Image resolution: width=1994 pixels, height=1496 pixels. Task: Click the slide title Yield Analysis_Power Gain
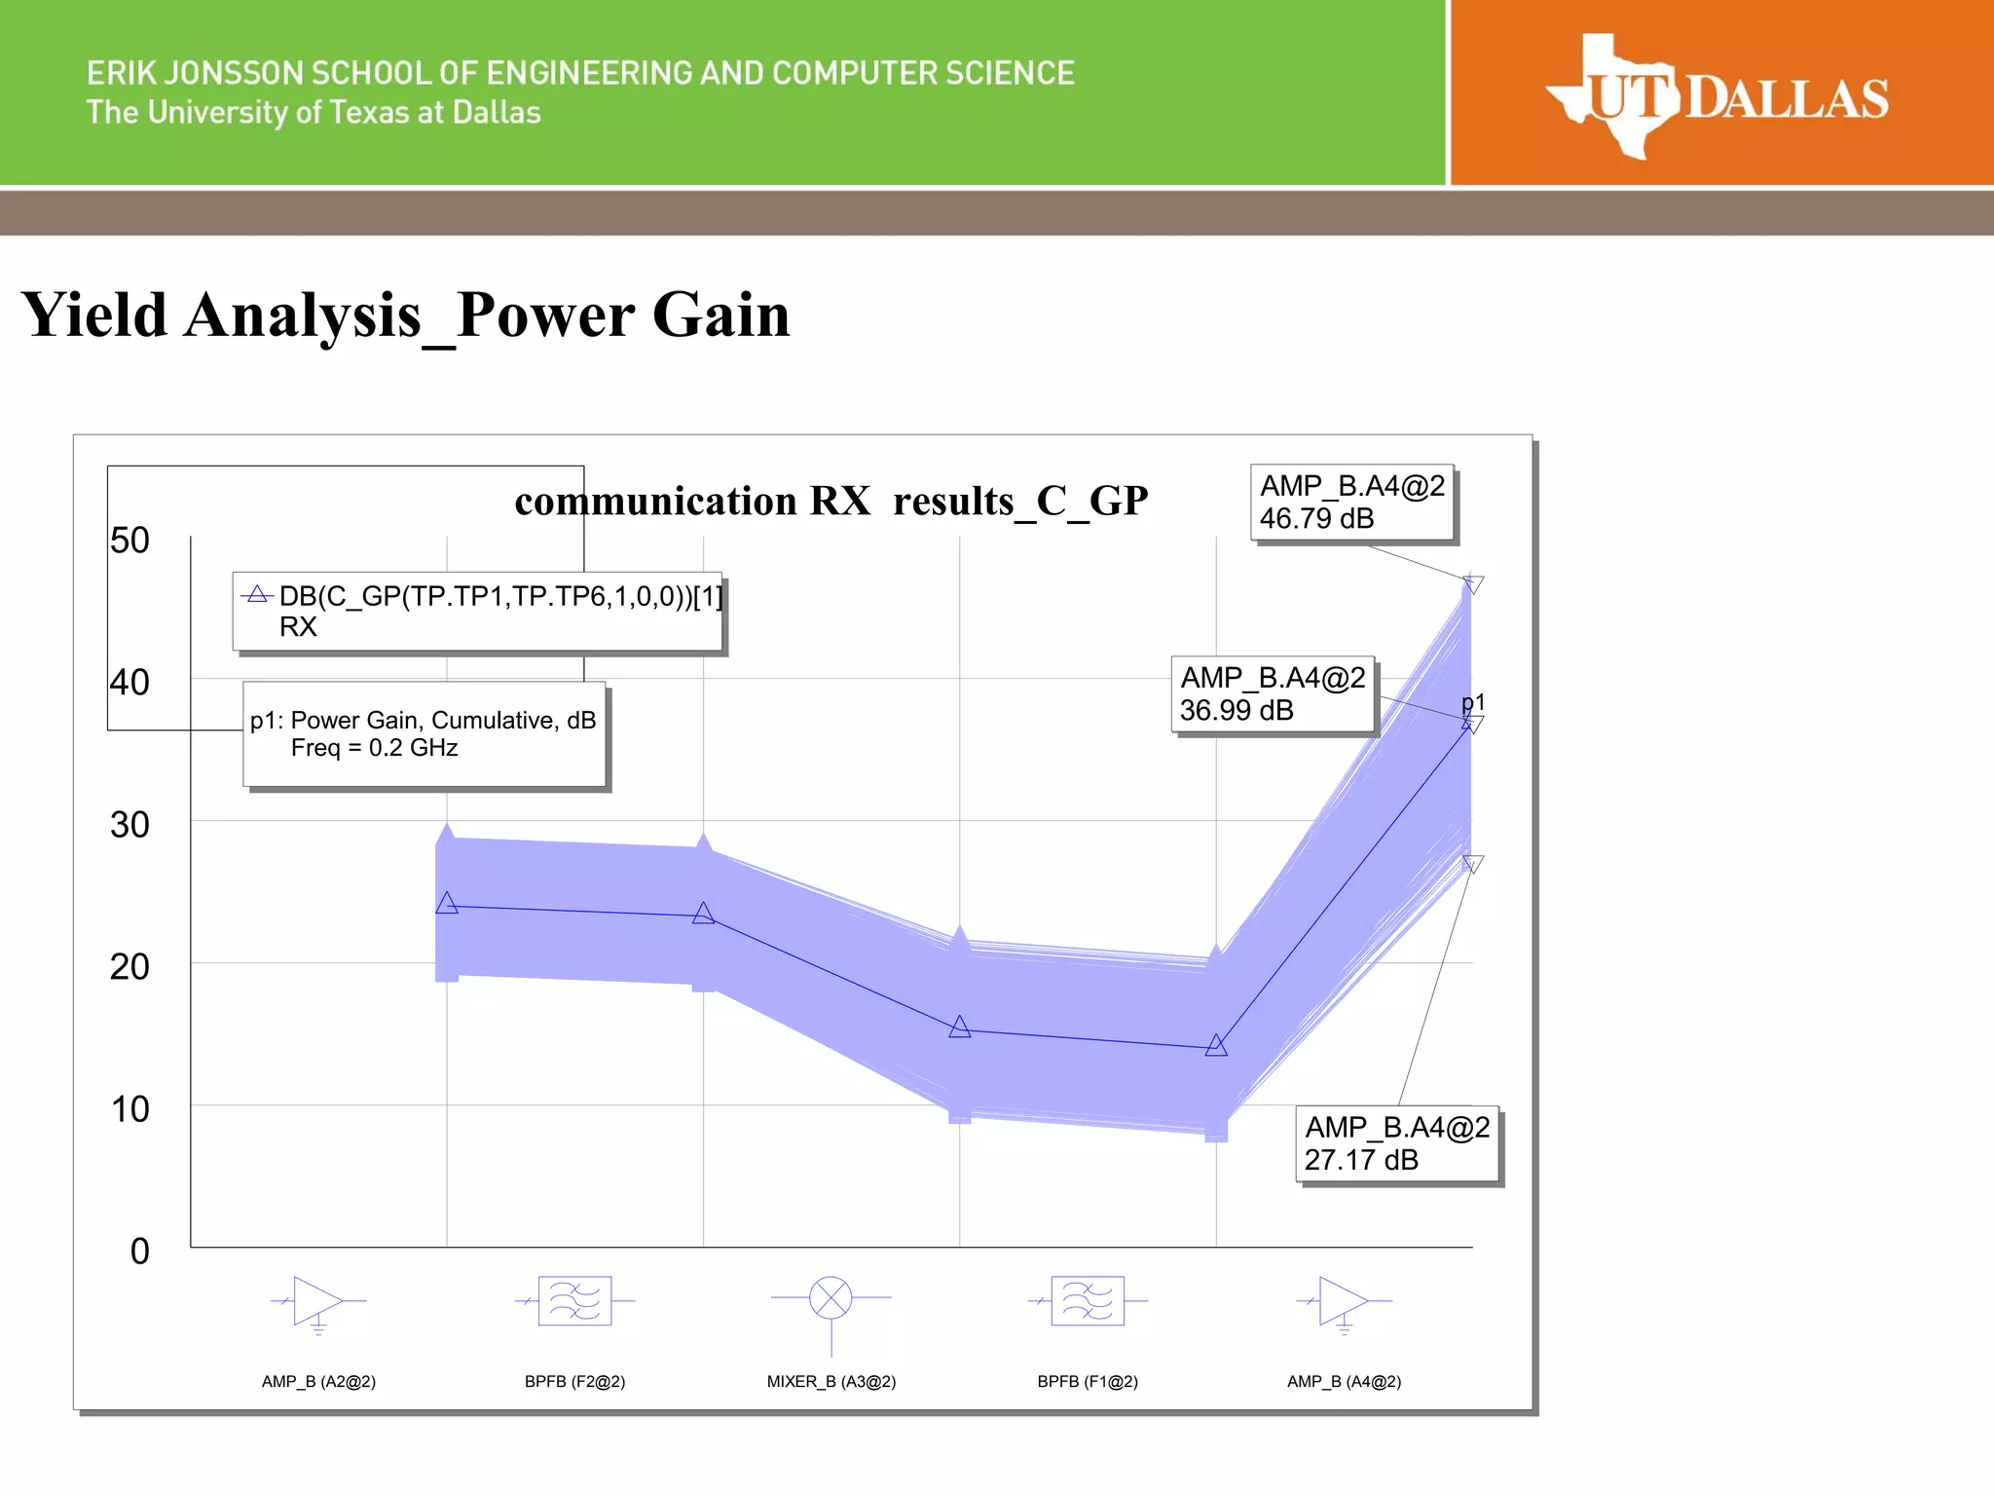[405, 316]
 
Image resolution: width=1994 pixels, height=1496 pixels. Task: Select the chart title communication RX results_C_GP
[831, 501]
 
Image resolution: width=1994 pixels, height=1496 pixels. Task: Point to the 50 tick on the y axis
[129, 541]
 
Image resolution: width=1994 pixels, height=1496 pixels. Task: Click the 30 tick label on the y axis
[129, 825]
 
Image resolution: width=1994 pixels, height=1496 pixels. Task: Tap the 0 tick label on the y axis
[140, 1252]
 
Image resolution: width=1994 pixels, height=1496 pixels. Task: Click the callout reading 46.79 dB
[1351, 503]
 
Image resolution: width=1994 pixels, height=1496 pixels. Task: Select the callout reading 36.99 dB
[1272, 694]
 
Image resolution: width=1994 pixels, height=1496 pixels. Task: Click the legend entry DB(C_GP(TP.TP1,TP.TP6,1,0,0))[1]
[499, 596]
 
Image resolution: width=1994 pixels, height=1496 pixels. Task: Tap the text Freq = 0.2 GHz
[374, 748]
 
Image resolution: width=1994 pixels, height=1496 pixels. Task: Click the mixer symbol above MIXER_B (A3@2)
[831, 1298]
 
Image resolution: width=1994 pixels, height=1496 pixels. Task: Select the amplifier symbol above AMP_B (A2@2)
[317, 1301]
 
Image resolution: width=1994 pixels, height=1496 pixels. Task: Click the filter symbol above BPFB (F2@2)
[574, 1301]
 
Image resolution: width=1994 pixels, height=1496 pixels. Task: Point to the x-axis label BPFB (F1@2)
[1088, 1382]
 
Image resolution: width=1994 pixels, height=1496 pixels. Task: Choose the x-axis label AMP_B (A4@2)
[1344, 1382]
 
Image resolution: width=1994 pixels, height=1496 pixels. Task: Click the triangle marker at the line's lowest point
[1216, 1046]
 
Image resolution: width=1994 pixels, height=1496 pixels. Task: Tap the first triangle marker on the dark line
[447, 904]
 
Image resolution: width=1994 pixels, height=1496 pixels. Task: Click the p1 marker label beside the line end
[1473, 703]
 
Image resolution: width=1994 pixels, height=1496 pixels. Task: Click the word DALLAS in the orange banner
[1787, 99]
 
